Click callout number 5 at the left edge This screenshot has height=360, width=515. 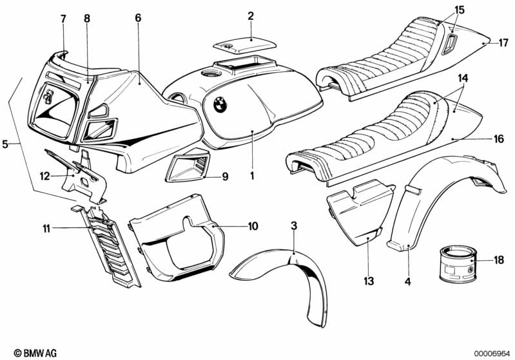[6, 144]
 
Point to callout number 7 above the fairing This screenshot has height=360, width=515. [63, 19]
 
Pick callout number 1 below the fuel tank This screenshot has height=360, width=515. [253, 175]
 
